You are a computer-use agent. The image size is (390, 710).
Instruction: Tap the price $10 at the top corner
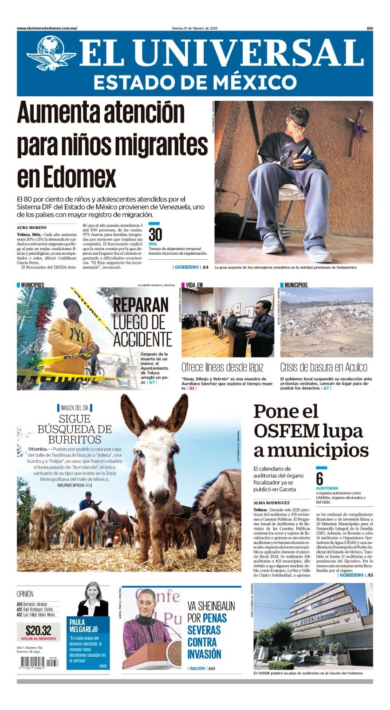tap(370, 28)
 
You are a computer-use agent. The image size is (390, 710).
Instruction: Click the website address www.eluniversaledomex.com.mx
tap(47, 28)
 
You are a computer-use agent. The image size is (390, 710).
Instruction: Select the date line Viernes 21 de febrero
tap(194, 28)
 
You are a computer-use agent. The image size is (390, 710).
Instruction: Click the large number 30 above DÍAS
tap(155, 235)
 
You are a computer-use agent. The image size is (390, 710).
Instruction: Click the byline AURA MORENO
tap(32, 228)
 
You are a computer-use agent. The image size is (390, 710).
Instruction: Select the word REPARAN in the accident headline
tap(141, 305)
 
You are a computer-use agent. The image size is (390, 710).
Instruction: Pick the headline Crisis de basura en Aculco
tap(323, 367)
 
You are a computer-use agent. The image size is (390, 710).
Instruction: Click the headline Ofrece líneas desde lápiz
tap(222, 367)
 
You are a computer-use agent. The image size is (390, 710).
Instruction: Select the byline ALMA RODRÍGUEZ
tap(271, 503)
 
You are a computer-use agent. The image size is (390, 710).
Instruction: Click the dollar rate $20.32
tap(39, 631)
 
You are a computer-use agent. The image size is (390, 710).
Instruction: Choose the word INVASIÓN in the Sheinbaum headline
tap(204, 654)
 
